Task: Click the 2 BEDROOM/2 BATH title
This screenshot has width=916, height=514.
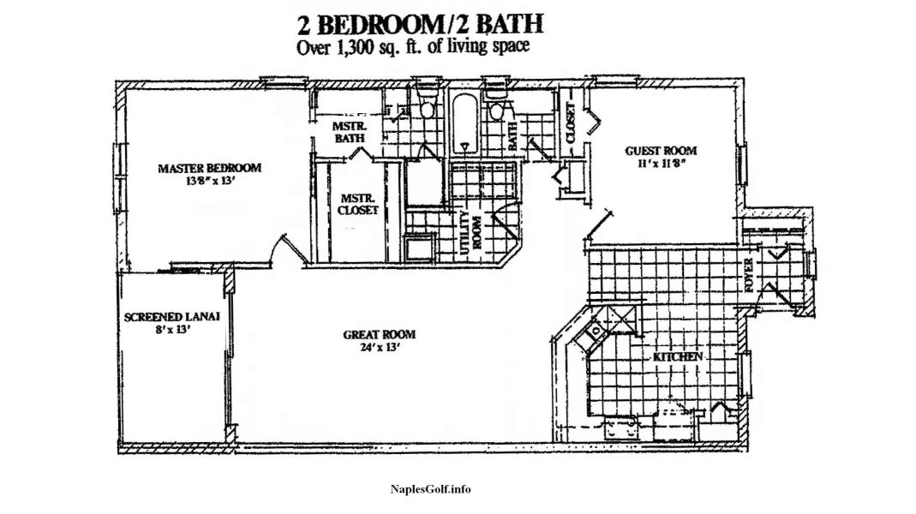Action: (421, 24)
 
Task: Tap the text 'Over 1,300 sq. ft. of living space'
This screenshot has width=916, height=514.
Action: (414, 47)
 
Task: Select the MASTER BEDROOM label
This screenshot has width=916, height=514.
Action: (210, 168)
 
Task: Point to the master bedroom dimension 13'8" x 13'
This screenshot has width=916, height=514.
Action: (210, 181)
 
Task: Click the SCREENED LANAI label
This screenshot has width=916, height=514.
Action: (171, 317)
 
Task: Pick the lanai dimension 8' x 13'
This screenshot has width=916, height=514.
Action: (171, 330)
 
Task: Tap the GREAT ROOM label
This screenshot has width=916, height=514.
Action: (379, 335)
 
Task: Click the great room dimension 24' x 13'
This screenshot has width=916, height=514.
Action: (379, 348)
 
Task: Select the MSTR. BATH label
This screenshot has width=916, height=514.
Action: (350, 132)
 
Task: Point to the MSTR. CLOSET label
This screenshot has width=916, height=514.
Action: (358, 205)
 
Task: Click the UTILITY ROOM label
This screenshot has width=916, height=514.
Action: (470, 232)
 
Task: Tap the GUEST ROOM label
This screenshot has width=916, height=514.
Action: (661, 151)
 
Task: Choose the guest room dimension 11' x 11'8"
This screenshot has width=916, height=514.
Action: (661, 164)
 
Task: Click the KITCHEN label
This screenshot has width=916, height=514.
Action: (678, 357)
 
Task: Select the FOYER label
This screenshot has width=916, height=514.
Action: (750, 275)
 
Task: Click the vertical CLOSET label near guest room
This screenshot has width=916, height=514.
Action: (571, 123)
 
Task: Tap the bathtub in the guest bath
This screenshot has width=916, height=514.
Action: (465, 123)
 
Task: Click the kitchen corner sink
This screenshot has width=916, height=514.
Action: (596, 332)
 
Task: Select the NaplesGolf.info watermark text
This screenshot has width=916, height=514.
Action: (430, 489)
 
